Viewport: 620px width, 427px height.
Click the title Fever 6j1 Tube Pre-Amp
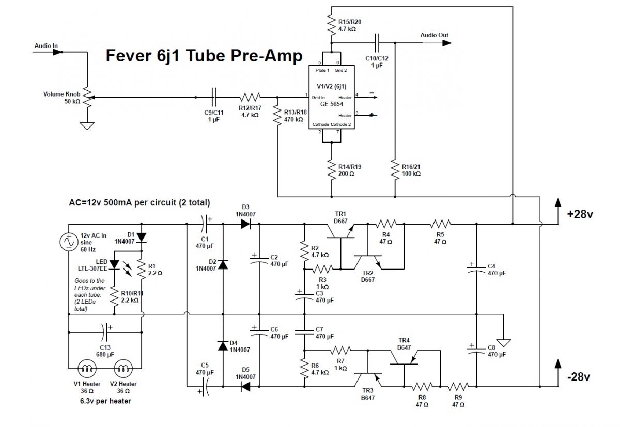tap(204, 56)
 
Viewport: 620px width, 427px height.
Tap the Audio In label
tap(46, 46)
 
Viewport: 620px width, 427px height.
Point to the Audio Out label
tap(434, 35)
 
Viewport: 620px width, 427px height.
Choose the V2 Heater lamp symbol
tap(123, 369)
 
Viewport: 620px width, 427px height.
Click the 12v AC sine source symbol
tap(68, 242)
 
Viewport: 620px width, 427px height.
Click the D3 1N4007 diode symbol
tap(245, 224)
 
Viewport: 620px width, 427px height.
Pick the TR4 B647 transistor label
tap(404, 344)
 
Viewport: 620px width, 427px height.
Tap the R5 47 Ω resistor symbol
tap(440, 224)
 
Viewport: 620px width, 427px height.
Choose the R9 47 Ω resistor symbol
tap(458, 386)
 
